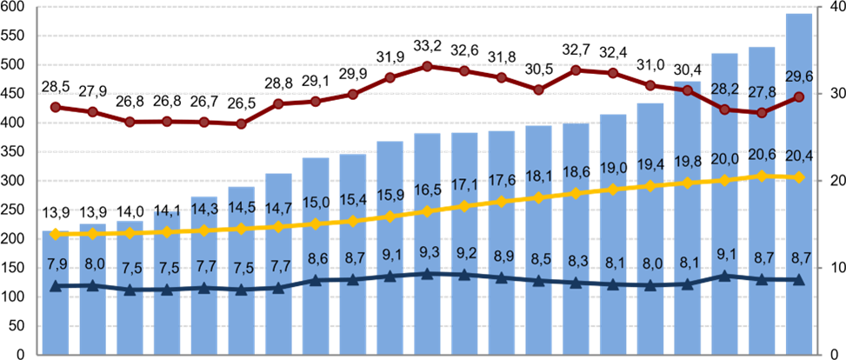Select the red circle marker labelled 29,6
799,97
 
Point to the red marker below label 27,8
762,113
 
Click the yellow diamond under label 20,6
762,176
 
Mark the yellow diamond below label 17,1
464,206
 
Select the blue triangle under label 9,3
427,273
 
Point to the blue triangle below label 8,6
316,280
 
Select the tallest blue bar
799,183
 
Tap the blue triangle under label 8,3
576,283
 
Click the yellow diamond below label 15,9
390,216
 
